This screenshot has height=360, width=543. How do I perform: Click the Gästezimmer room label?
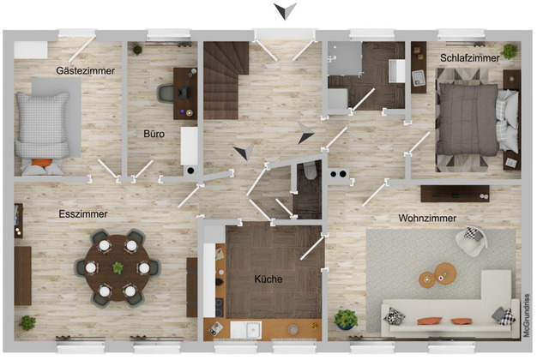pyautogui.click(x=85, y=71)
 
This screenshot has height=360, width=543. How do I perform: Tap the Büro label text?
pyautogui.click(x=154, y=134)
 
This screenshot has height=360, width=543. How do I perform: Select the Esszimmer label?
pyautogui.click(x=83, y=214)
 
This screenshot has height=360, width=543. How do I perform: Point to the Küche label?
pyautogui.click(x=268, y=279)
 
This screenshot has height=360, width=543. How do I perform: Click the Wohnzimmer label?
pyautogui.click(x=427, y=218)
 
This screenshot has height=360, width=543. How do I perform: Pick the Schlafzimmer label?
pyautogui.click(x=470, y=58)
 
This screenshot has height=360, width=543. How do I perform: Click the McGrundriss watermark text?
pyautogui.click(x=527, y=315)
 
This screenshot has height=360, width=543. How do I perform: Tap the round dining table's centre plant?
pyautogui.click(x=118, y=267)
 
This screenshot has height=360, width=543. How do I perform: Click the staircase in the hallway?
pyautogui.click(x=226, y=81)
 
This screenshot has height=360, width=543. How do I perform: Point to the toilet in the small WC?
pyautogui.click(x=311, y=171)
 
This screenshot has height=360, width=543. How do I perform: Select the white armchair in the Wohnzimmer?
pyautogui.click(x=472, y=241)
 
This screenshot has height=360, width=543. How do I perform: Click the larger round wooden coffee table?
pyautogui.click(x=445, y=273)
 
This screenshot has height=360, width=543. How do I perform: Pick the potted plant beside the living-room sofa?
pyautogui.click(x=346, y=319)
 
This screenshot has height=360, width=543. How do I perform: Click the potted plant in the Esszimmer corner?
pyautogui.click(x=27, y=323)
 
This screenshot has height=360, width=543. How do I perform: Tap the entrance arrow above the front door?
pyautogui.click(x=286, y=11)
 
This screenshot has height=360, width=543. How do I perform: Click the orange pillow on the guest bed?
pyautogui.click(x=42, y=163)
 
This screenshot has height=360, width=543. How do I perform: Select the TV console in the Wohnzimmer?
pyautogui.click(x=455, y=194)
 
